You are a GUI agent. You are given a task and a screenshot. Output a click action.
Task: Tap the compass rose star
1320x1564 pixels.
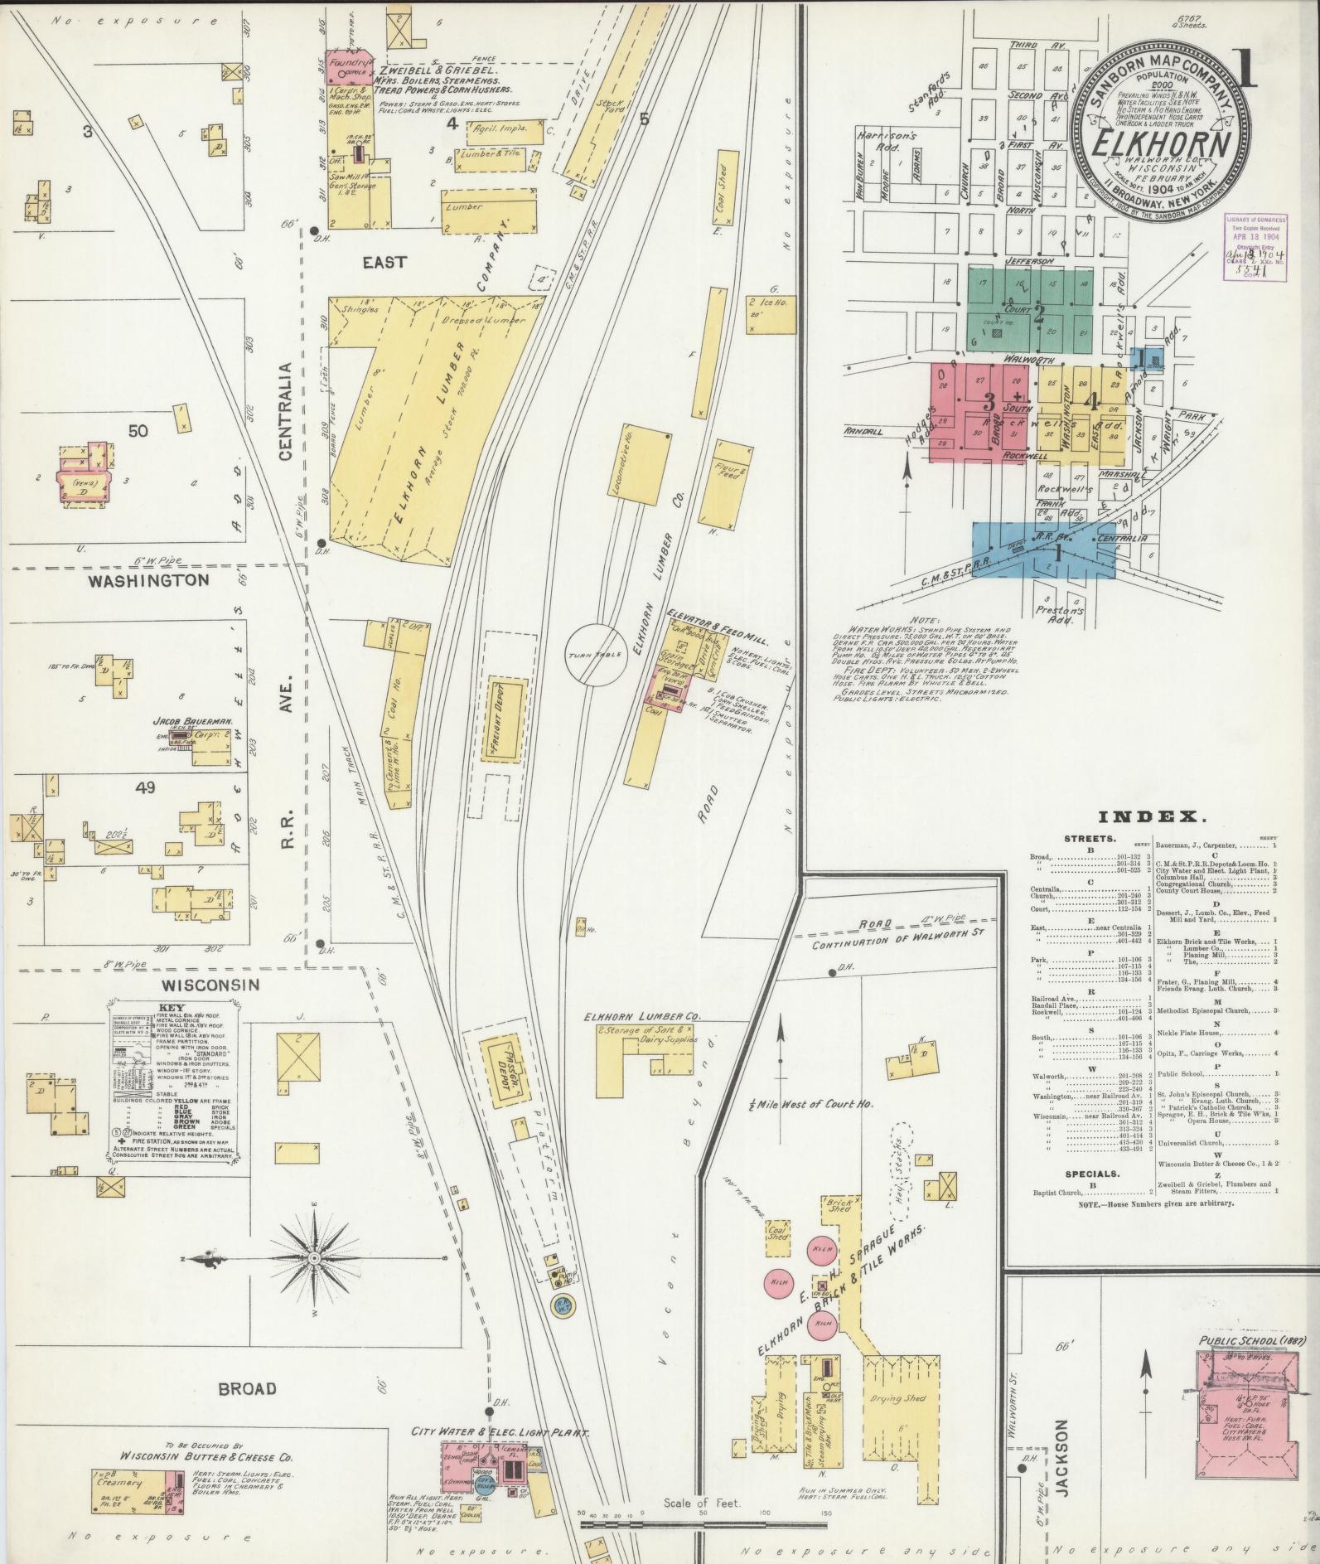click(x=314, y=1260)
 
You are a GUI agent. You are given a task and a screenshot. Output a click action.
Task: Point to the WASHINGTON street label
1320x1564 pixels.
click(x=150, y=580)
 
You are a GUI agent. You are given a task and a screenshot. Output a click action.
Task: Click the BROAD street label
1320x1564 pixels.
click(x=248, y=1388)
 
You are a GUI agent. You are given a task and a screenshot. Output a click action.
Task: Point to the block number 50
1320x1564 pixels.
click(x=138, y=430)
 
